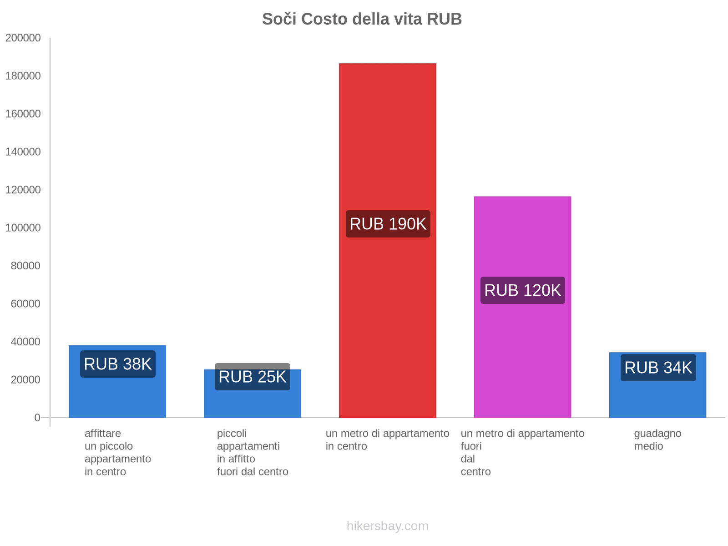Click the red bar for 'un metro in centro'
pyautogui.click(x=387, y=136)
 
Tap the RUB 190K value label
pyautogui.click(x=388, y=224)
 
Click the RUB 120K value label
pyautogui.click(x=522, y=290)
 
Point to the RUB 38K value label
pyautogui.click(x=117, y=364)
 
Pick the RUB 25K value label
pyautogui.click(x=252, y=377)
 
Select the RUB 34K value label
pyautogui.click(x=658, y=368)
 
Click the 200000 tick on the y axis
pyautogui.click(x=23, y=38)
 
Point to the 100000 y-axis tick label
pyautogui.click(x=23, y=227)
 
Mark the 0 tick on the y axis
pyautogui.click(x=37, y=418)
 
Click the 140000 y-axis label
pyautogui.click(x=23, y=152)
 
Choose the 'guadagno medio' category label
pyautogui.click(x=657, y=440)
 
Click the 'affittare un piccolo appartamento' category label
pyautogui.click(x=117, y=452)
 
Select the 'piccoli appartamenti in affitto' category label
pyautogui.click(x=252, y=452)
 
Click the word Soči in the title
pyautogui.click(x=278, y=19)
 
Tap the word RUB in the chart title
pyautogui.click(x=444, y=19)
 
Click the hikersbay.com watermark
pyautogui.click(x=387, y=526)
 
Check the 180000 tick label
pyautogui.click(x=23, y=76)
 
